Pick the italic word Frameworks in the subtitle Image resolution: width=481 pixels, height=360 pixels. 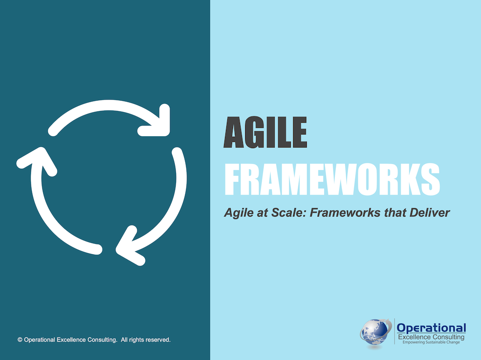click(340, 213)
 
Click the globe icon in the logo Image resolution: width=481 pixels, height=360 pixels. click(376, 333)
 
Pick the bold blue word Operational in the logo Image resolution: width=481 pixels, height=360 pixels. click(431, 328)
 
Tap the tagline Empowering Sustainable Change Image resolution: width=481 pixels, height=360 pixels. click(431, 343)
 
